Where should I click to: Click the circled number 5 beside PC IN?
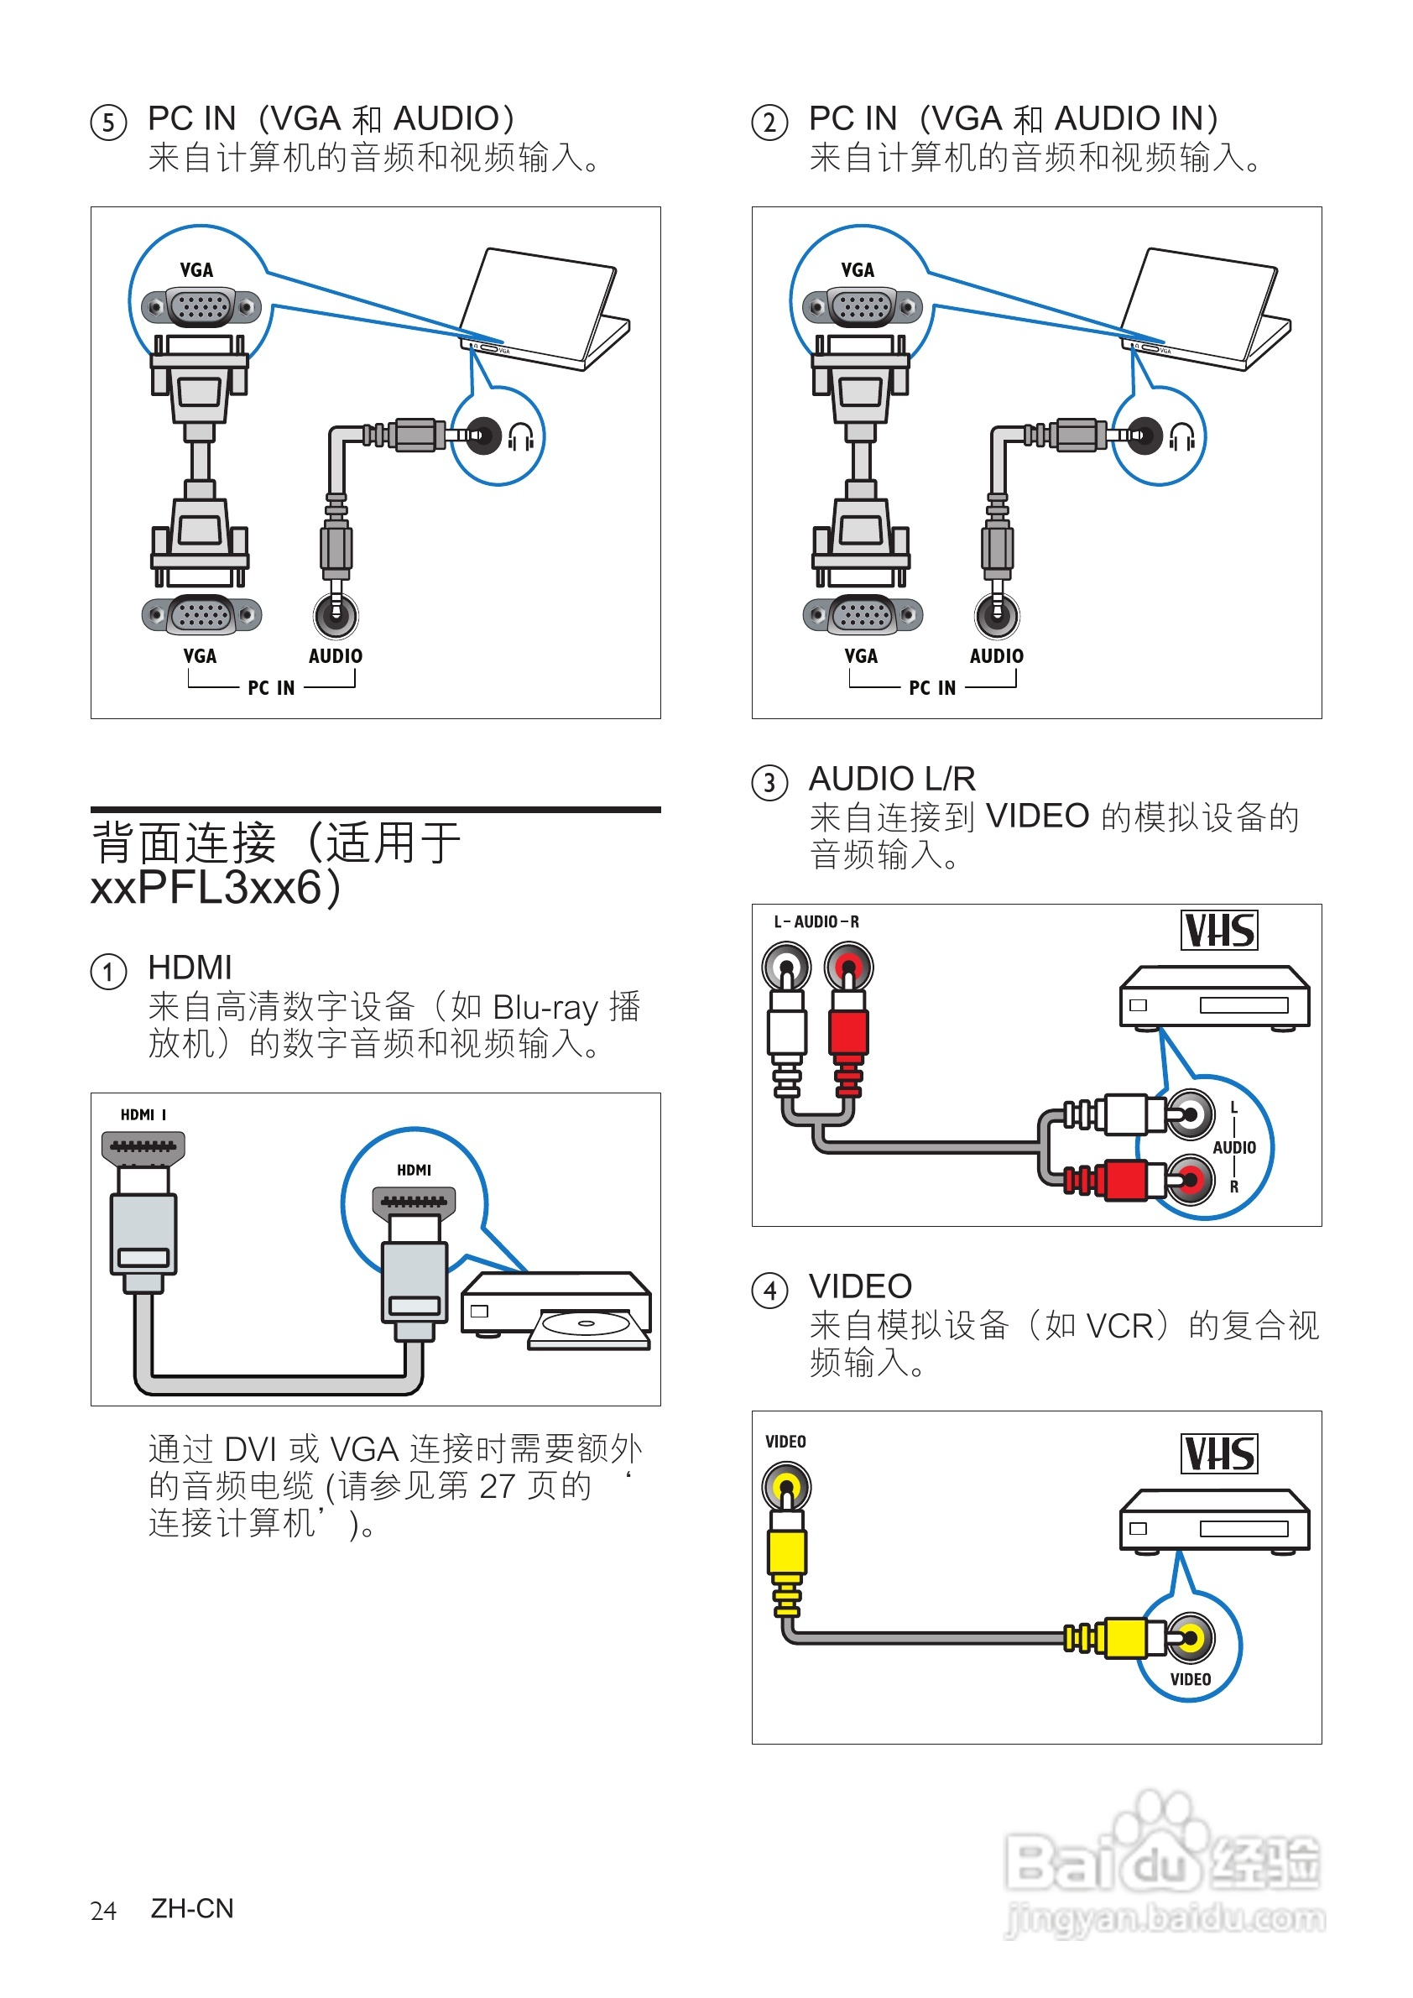109,122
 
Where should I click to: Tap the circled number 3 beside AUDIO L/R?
769,782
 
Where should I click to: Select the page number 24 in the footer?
102,1911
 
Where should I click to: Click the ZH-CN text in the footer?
192,1908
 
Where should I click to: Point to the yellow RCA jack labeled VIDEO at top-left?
786,1486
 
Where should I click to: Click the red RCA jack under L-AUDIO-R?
849,967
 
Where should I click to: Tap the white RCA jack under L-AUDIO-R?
786,967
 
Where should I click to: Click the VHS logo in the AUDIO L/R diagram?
1219,931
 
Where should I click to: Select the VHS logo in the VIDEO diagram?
1219,1453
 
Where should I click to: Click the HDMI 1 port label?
143,1114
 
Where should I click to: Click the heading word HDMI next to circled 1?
190,968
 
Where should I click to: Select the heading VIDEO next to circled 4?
860,1286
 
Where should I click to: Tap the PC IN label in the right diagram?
932,688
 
